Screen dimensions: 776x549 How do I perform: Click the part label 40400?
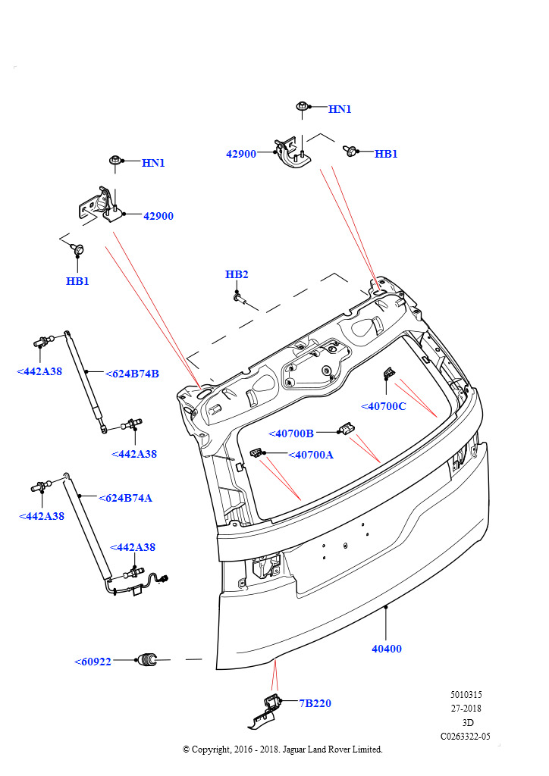tap(386, 649)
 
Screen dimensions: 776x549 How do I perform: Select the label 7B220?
tap(315, 703)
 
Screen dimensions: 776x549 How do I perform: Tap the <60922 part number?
tap(93, 662)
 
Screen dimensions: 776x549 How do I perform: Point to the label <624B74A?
tap(125, 498)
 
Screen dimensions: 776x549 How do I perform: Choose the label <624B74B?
tap(131, 373)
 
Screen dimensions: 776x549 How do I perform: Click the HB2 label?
tap(237, 274)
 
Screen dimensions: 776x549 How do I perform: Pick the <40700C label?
tap(383, 406)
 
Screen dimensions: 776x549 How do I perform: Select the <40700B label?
tap(290, 433)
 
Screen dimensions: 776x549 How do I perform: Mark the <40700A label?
tap(311, 455)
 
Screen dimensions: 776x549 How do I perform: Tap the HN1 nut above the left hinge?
tap(115, 161)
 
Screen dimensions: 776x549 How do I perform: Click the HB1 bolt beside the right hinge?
tap(351, 151)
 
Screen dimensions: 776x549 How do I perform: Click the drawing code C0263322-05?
tap(466, 735)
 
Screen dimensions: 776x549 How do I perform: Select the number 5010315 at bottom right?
tap(466, 694)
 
